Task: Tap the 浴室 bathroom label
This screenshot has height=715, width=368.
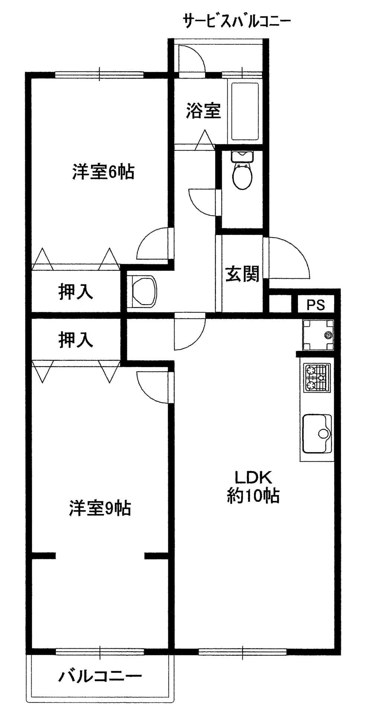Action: [x=203, y=111]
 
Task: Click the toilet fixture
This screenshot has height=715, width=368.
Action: [x=242, y=172]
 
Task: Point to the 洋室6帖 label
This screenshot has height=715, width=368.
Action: [x=103, y=172]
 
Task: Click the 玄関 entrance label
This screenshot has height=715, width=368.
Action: [x=242, y=275]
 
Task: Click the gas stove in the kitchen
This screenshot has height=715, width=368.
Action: [x=317, y=378]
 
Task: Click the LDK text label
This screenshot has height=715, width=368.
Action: [x=253, y=477]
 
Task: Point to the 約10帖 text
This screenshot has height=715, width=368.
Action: [x=253, y=495]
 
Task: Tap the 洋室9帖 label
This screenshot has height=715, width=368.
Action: [x=100, y=508]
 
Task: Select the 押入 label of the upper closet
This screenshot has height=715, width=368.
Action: [x=76, y=292]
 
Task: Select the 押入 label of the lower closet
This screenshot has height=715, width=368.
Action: [x=76, y=340]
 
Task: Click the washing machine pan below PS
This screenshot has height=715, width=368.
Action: [x=318, y=335]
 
